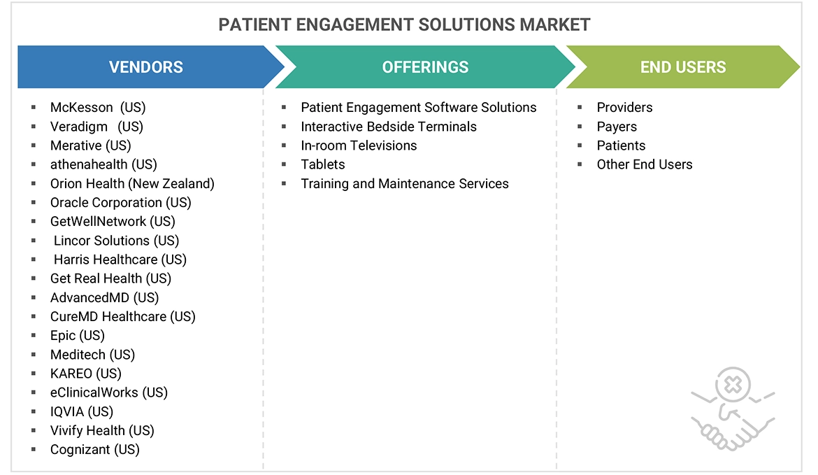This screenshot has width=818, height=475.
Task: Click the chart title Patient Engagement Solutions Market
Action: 404,25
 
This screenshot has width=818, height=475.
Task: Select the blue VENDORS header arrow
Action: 146,67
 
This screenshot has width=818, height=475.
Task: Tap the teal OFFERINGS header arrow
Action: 425,67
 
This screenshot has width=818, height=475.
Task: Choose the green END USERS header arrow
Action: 682,67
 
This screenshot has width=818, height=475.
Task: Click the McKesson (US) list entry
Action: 98,107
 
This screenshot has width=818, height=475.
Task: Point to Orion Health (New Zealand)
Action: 132,183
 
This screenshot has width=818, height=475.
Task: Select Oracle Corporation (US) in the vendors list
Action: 120,202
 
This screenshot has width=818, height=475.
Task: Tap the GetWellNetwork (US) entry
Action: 113,221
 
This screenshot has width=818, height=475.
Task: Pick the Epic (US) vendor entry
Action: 78,335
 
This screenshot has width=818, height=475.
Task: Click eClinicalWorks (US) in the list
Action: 109,392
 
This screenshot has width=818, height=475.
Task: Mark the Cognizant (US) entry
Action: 95,449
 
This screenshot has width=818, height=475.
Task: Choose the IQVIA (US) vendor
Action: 82,411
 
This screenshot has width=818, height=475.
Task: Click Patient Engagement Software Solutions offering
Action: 418,107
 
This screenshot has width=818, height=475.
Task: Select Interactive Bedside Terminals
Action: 389,127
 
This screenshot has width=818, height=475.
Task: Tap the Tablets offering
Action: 323,164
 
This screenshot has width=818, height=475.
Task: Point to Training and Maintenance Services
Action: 405,183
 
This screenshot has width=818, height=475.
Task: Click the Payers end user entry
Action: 617,127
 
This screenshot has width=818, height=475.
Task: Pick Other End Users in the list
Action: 645,164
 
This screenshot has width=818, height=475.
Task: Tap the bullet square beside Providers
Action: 580,108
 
